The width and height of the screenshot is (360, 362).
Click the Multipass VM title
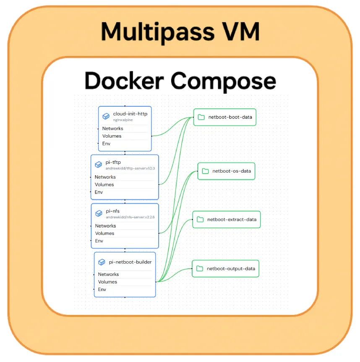[x=180, y=31]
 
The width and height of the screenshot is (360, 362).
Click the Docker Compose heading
[x=180, y=81]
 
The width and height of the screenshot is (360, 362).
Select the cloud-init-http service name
[x=130, y=114]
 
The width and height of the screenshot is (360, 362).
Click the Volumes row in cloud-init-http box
[x=112, y=136]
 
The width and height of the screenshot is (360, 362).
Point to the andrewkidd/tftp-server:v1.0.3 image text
[x=130, y=168]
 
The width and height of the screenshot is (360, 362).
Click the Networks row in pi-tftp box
[x=105, y=177]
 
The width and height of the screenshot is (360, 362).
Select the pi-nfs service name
[x=113, y=211]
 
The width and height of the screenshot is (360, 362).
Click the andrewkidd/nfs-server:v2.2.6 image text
[x=130, y=217]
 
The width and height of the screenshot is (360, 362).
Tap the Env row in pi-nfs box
[x=99, y=241]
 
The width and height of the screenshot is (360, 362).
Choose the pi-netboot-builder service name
[x=130, y=262]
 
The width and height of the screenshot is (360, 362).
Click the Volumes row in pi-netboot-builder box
[x=107, y=282]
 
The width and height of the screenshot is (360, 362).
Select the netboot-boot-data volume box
[x=225, y=117]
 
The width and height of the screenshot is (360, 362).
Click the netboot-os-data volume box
[x=227, y=171]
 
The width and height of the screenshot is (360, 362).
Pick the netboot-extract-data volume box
[x=227, y=220]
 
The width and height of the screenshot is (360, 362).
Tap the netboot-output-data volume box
[x=226, y=268]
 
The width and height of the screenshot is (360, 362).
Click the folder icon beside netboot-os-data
[x=205, y=171]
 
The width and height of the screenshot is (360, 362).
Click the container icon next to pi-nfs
[x=99, y=213]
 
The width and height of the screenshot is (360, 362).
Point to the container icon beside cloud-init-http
[x=106, y=116]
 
